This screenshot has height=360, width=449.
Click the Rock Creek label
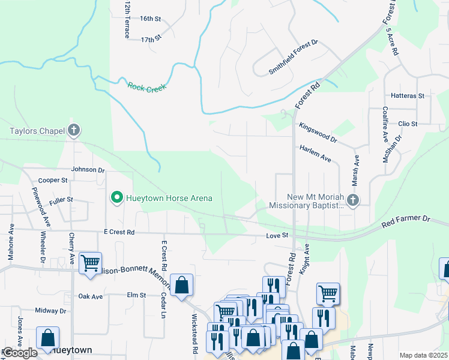click(146, 86)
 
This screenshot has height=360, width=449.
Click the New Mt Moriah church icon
click(354, 200)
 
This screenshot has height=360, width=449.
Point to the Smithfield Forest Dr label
click(293, 58)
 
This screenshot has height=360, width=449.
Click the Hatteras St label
click(408, 96)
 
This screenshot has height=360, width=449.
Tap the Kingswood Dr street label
click(318, 132)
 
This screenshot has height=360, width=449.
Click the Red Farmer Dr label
click(407, 221)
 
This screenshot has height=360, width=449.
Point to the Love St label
click(277, 236)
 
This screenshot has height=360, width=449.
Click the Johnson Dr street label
click(88, 170)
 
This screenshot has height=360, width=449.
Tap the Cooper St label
click(53, 180)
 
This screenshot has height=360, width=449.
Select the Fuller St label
click(61, 199)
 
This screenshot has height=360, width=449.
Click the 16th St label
click(151, 19)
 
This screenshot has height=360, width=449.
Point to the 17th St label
click(152, 39)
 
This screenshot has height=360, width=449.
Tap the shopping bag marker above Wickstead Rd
click(182, 285)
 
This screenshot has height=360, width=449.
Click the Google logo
click(20, 353)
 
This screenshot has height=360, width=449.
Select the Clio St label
click(408, 124)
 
